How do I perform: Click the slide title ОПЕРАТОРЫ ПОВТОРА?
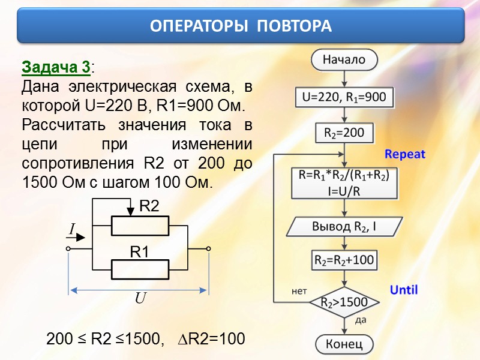click(x=240, y=26)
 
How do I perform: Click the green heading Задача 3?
click(x=56, y=66)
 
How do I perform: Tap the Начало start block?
click(x=344, y=59)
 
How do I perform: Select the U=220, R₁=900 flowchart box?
click(x=344, y=97)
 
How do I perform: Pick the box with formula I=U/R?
click(x=344, y=183)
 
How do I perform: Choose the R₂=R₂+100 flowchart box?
click(x=344, y=260)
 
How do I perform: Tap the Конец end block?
click(x=344, y=344)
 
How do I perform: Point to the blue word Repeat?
click(x=405, y=154)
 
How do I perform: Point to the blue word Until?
click(x=404, y=290)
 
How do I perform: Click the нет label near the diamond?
click(x=299, y=292)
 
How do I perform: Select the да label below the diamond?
click(x=361, y=320)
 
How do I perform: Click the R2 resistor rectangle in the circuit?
click(x=140, y=226)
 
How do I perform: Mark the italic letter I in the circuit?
click(x=71, y=229)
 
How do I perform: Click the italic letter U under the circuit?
click(x=140, y=298)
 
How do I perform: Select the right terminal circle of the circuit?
click(x=208, y=248)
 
